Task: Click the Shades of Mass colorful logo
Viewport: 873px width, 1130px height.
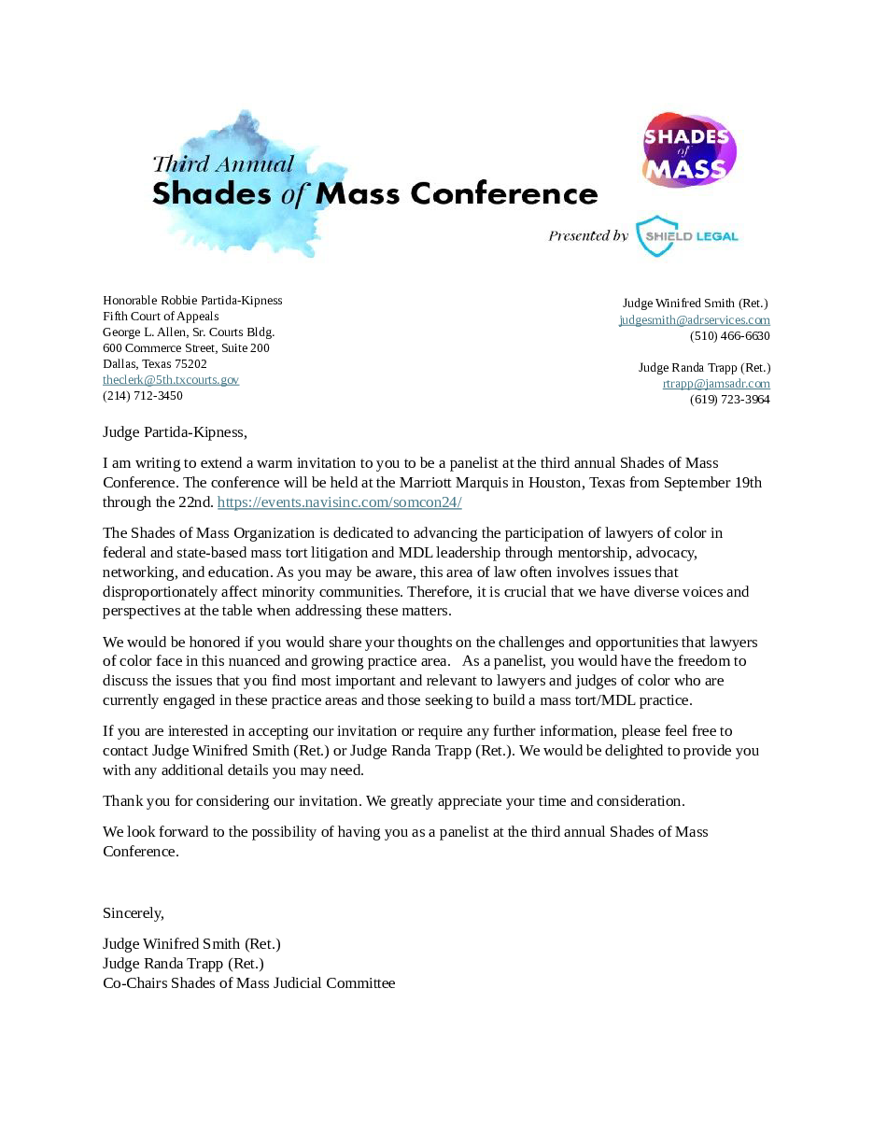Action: coord(689,150)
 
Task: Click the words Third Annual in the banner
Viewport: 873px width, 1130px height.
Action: coord(223,164)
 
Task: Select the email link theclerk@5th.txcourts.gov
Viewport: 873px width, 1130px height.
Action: coord(171,380)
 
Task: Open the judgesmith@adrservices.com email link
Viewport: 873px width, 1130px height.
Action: coord(694,320)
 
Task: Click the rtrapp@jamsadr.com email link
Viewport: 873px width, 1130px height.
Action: coord(716,384)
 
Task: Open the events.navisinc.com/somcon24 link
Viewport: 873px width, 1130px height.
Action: coord(340,502)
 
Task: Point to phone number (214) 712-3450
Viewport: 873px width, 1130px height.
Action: coord(143,396)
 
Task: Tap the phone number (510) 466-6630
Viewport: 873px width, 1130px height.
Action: coord(729,336)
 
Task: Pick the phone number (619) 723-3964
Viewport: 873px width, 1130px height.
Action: coord(729,400)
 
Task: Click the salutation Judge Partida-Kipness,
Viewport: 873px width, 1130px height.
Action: coord(175,432)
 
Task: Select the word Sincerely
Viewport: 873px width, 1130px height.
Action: coord(133,913)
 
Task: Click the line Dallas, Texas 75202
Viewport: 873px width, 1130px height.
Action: coord(155,364)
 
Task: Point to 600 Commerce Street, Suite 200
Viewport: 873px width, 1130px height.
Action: coord(186,348)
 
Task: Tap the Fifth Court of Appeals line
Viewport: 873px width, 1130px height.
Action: coord(161,317)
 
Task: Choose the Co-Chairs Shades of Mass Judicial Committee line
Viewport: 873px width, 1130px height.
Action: coord(248,983)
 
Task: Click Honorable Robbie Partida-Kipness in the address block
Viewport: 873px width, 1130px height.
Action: coord(192,301)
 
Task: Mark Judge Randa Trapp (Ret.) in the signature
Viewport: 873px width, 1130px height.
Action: coord(183,964)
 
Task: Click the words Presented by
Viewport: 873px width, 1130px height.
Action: coord(588,236)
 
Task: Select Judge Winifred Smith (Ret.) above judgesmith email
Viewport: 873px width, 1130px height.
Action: coord(695,304)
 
